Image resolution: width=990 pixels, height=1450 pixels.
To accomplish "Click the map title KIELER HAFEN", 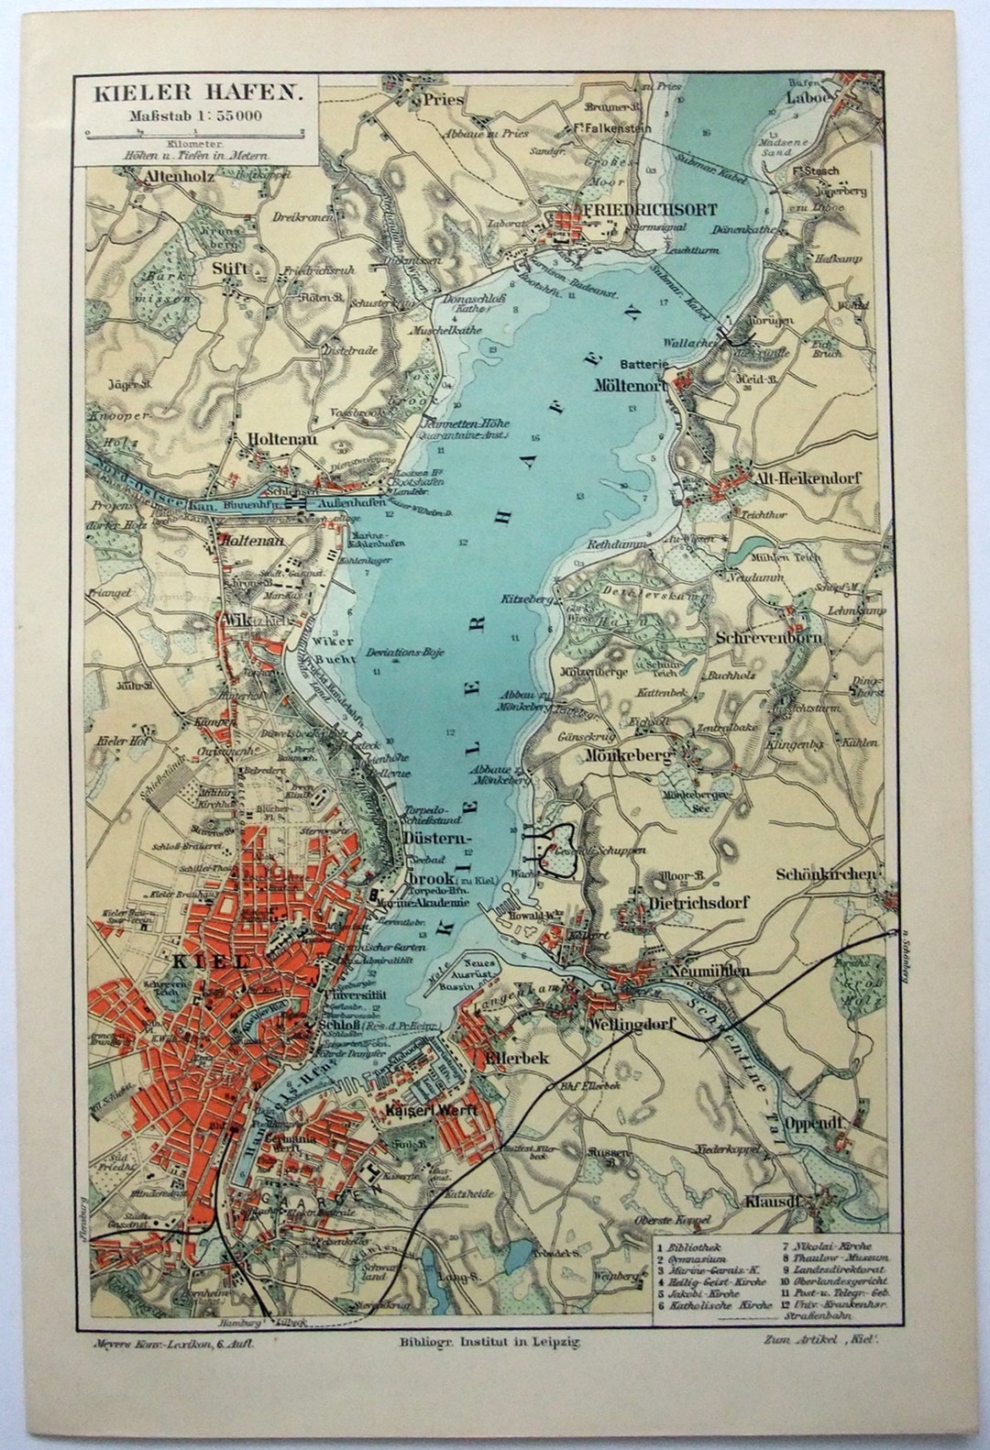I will tap(195, 92).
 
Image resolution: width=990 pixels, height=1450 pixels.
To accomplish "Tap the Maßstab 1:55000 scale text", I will tap(195, 115).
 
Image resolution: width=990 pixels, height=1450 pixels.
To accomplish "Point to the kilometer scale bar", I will tap(195, 133).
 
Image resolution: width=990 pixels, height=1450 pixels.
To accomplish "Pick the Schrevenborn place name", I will tap(769, 637).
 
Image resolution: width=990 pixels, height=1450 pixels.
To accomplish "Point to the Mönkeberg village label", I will tap(615, 756).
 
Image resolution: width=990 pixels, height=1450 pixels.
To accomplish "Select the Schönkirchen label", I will tap(825, 874).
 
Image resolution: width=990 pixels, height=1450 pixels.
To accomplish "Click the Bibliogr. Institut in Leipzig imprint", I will tap(489, 1339).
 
